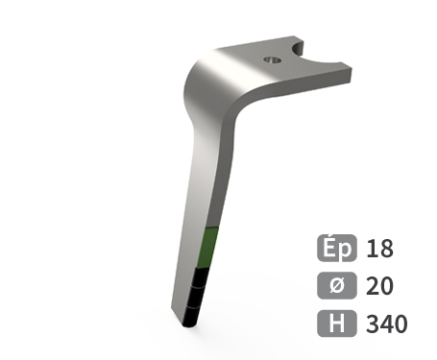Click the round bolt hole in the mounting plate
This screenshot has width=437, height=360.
272,60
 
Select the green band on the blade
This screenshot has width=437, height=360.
207,248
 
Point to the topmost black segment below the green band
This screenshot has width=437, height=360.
202,278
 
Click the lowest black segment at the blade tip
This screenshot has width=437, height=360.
192,317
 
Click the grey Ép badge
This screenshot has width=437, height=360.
337,248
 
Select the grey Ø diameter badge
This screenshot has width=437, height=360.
337,285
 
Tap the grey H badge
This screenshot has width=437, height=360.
337,324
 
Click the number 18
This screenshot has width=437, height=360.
380,249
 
